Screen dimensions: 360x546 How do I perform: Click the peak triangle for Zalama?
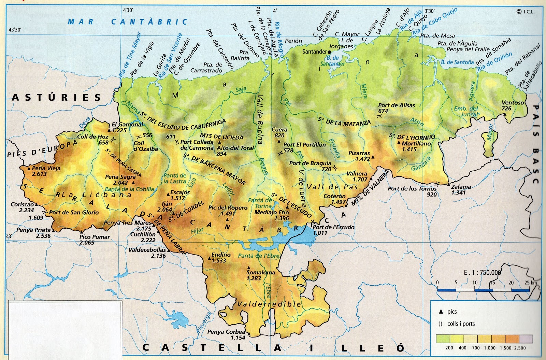tap(449, 184)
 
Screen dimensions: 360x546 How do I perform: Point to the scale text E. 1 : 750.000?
tap(483, 272)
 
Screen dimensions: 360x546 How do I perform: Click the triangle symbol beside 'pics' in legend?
tap(441, 312)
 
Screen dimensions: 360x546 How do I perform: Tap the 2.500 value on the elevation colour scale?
tap(520, 348)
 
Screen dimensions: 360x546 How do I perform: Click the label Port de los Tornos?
tap(412, 189)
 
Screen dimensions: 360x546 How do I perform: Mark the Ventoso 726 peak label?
tap(513, 105)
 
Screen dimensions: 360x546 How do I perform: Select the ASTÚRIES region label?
tap(57, 98)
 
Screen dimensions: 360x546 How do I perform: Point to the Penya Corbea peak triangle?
tap(249, 334)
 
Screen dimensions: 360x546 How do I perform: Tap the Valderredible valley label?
tap(269, 304)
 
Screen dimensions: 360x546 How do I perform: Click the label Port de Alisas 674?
tap(397, 108)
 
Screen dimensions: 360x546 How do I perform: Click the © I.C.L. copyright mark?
tap(526, 12)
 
